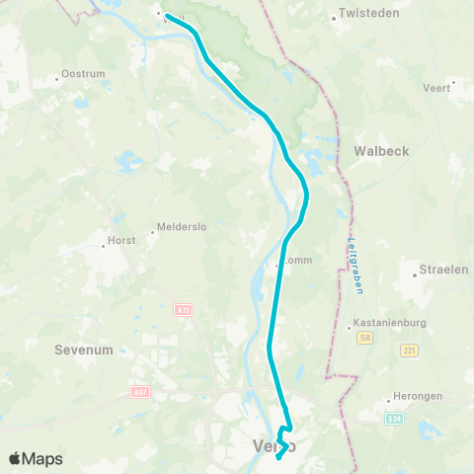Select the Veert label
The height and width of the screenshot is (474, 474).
(435, 88)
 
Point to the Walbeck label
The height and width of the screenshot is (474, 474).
(380, 151)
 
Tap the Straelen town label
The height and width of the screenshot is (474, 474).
(443, 269)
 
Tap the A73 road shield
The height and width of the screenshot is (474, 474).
(185, 310)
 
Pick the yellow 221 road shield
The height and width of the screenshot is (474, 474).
(410, 350)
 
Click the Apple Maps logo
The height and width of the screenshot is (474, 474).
(36, 458)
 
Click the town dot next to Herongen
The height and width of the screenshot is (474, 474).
(394, 396)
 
